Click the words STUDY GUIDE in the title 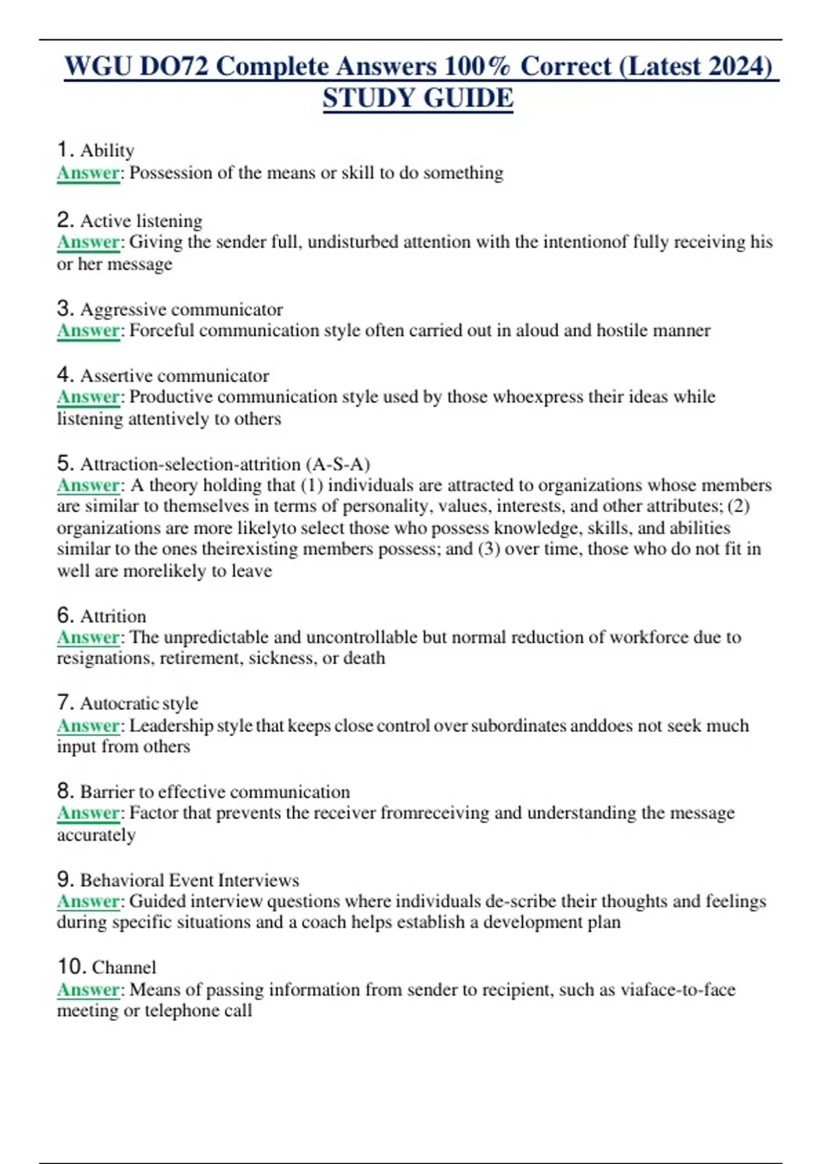click(x=418, y=99)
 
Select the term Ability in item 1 click(x=107, y=151)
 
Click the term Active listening click(x=141, y=221)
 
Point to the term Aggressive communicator click(x=182, y=309)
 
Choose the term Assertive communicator click(x=175, y=376)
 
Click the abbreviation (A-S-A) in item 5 click(x=339, y=464)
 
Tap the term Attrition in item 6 click(x=113, y=616)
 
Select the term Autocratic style click(x=139, y=704)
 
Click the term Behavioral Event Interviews click(x=190, y=880)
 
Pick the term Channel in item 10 click(x=124, y=967)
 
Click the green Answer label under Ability click(x=88, y=173)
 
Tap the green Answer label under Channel click(x=88, y=989)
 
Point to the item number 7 click(x=65, y=703)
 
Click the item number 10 click(x=71, y=967)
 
